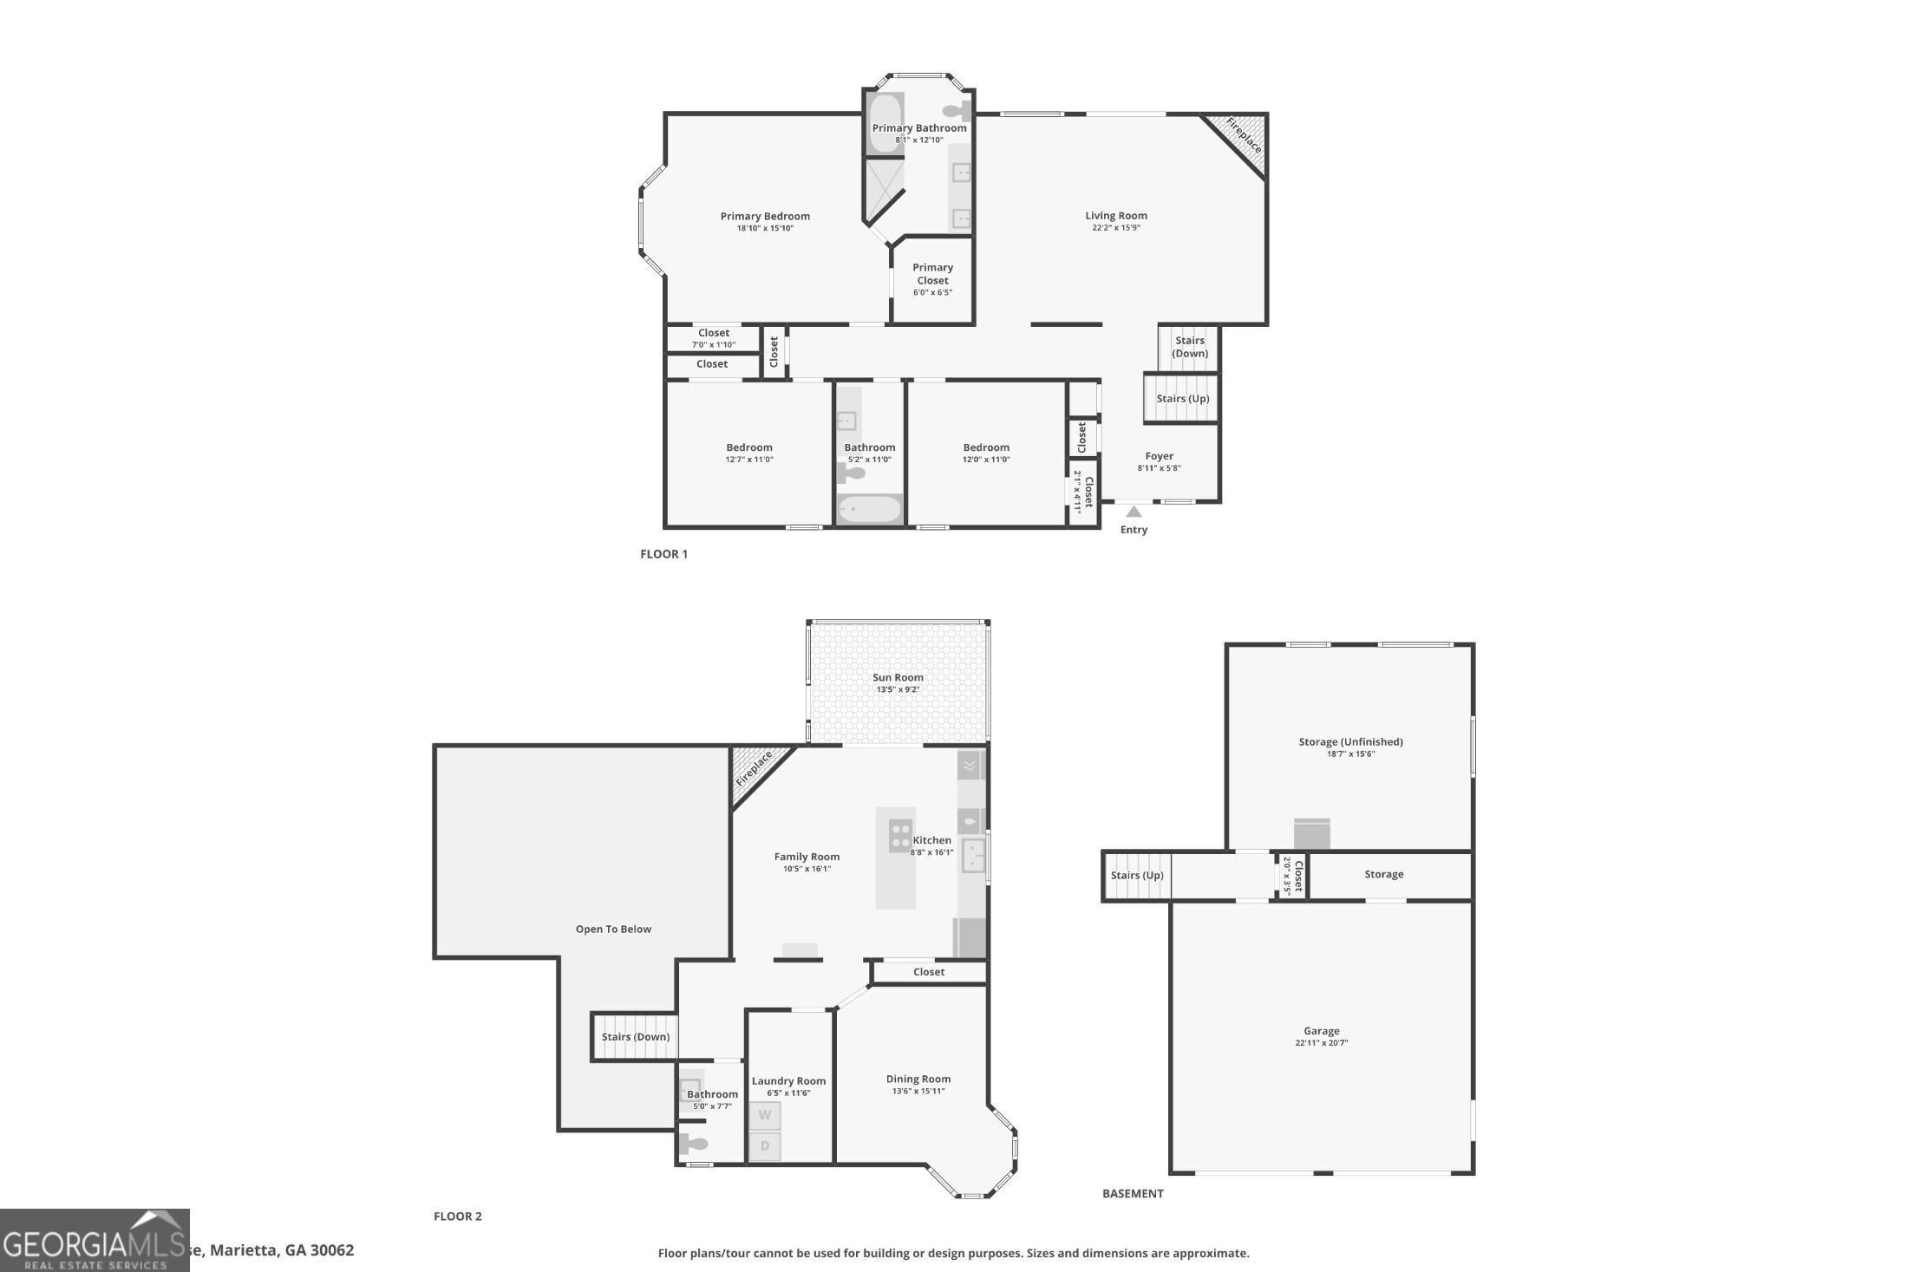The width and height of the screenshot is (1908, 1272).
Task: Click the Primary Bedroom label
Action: coord(765,217)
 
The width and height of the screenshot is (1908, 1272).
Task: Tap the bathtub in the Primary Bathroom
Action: coord(885,123)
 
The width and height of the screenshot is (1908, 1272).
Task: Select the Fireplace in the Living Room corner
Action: coord(1242,136)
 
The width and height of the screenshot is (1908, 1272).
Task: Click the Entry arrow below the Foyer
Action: coord(1134,512)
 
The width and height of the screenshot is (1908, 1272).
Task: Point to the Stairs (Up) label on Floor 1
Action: coord(1182,399)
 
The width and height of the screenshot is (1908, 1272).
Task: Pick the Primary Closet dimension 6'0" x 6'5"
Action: coord(932,293)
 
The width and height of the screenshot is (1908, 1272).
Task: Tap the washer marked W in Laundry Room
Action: coord(765,1116)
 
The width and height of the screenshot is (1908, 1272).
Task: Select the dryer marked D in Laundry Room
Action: coord(765,1146)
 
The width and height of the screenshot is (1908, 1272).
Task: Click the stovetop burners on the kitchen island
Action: coord(900,834)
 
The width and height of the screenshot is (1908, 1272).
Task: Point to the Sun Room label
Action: coord(898,678)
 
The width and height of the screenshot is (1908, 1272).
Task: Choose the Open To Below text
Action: coord(613,930)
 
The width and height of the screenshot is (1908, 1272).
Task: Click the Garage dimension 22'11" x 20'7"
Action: coord(1321,1043)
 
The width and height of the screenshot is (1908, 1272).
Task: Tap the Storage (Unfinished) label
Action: coord(1350,742)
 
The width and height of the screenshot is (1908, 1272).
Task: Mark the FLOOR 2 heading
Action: coord(458,1217)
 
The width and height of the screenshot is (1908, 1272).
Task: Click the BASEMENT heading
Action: coord(1133,1194)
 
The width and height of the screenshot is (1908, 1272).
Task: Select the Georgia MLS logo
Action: coord(94,1241)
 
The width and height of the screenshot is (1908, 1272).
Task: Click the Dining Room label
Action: coord(918,1080)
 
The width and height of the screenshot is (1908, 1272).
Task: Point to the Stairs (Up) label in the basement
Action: coord(1136,876)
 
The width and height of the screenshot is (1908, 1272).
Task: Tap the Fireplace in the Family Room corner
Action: coord(755,770)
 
